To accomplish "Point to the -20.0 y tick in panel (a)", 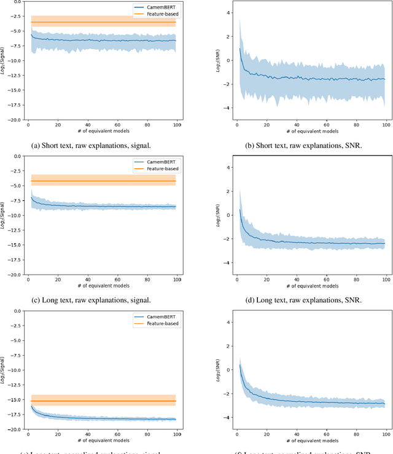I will click(17, 120).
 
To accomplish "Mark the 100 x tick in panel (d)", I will click(385, 280).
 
